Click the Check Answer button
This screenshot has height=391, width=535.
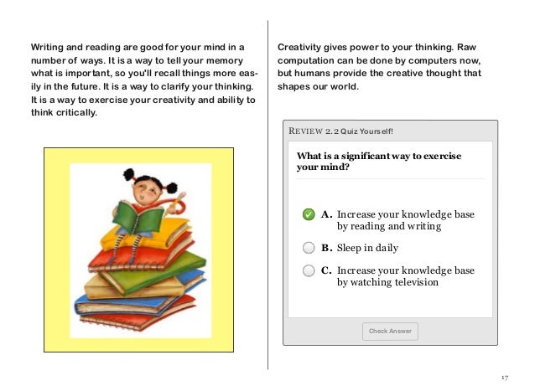tap(390, 331)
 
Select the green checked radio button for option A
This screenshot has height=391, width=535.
tap(309, 215)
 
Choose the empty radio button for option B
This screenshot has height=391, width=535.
tap(309, 248)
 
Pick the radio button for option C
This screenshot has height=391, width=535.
tap(309, 271)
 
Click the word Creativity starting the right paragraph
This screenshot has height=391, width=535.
tap(300, 46)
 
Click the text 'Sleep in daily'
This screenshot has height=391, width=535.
tap(367, 248)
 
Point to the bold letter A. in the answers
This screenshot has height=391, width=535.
tap(326, 215)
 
